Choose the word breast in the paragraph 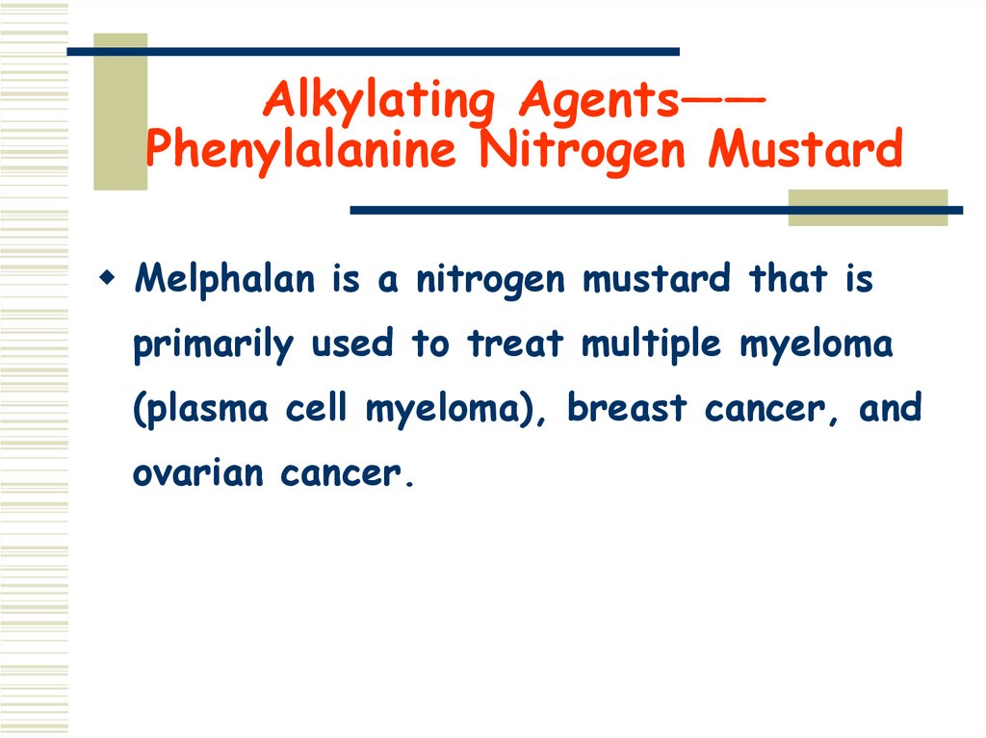[x=628, y=408]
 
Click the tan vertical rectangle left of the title [x=120, y=111]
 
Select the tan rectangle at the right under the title [x=867, y=207]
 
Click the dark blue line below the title [x=655, y=210]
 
